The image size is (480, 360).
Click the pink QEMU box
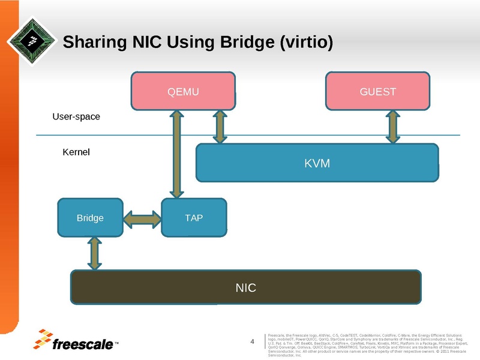point(183,92)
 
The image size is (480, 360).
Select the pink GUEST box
point(377,92)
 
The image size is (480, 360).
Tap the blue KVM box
point(317,163)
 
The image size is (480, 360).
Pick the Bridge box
point(90,217)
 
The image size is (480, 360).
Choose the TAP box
point(194,217)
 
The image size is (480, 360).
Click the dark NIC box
point(246,288)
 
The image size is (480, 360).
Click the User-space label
point(76,116)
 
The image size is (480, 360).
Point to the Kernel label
point(76,152)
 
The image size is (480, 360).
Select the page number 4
point(253,342)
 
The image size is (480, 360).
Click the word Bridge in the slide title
point(235,43)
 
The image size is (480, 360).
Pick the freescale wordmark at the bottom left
point(83,344)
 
